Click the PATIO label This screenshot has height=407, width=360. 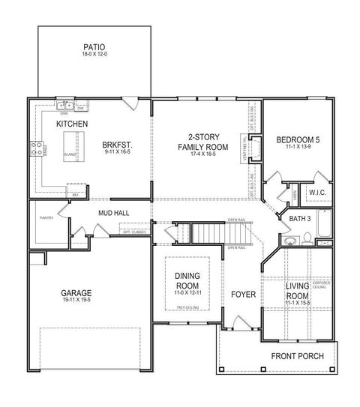(x=94, y=47)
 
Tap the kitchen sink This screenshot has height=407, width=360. (x=67, y=103)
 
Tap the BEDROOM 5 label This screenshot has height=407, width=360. (x=297, y=140)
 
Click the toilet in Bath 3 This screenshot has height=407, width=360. (x=307, y=239)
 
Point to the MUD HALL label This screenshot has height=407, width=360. (x=114, y=213)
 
